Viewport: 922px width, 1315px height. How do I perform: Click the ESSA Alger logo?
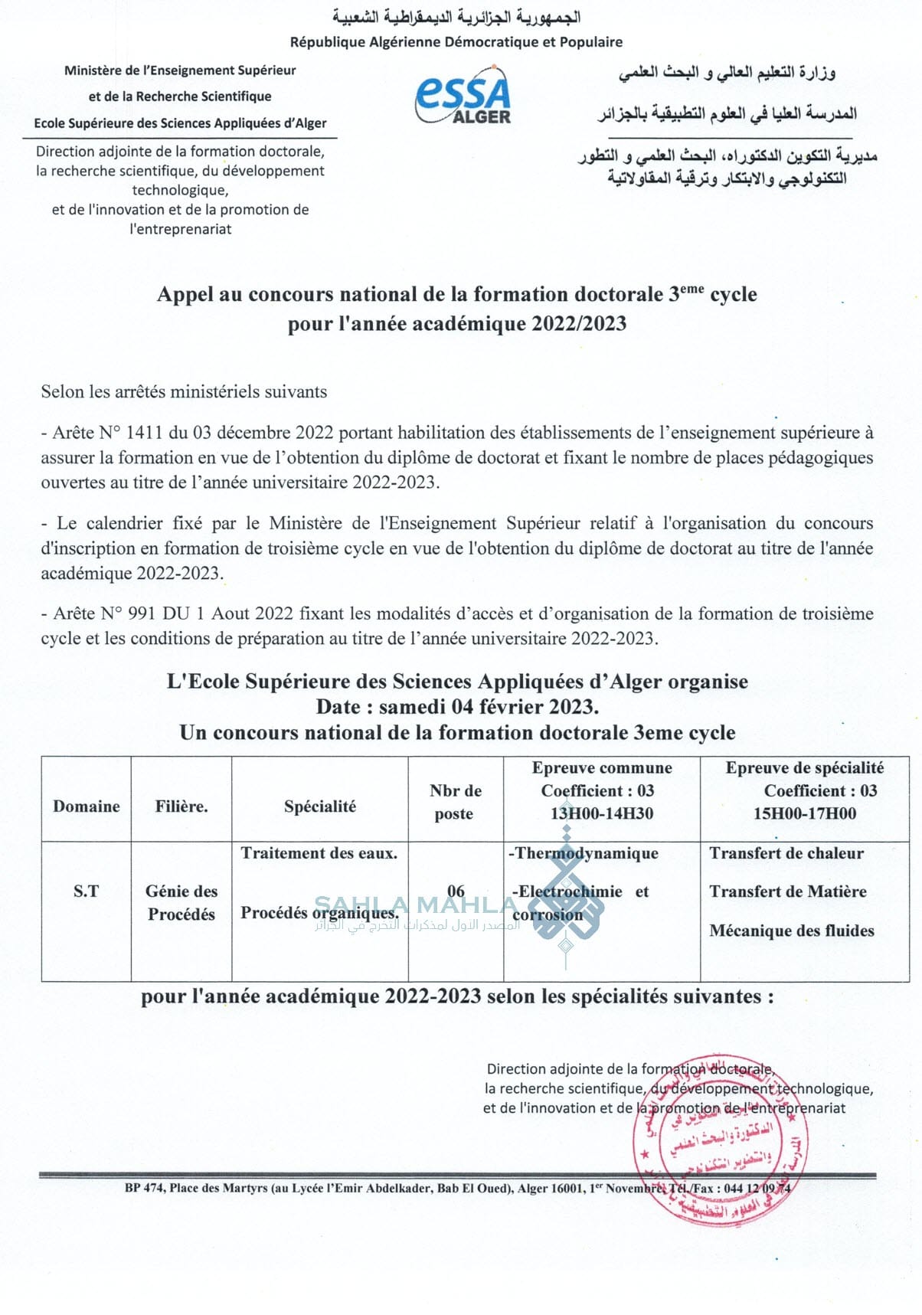tap(463, 96)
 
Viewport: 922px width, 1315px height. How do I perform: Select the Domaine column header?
tap(87, 806)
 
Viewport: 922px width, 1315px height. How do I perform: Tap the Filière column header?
tap(181, 806)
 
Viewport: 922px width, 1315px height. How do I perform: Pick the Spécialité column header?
tap(320, 806)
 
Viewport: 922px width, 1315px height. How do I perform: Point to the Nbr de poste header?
tap(455, 802)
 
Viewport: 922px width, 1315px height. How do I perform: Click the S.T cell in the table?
tap(86, 891)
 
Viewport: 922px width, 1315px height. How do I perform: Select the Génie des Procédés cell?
tap(181, 902)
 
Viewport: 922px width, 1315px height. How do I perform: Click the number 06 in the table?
tap(456, 891)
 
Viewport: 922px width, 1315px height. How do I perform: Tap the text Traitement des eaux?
tap(319, 853)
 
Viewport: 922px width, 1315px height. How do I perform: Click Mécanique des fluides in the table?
tap(792, 931)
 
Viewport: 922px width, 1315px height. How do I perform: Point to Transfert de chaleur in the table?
tap(786, 853)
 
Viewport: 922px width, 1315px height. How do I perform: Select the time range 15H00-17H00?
tap(805, 813)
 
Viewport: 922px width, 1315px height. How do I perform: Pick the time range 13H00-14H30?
tap(602, 813)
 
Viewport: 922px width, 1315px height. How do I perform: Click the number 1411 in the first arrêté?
tap(144, 433)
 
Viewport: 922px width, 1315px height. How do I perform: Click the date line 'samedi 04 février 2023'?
tap(488, 706)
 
